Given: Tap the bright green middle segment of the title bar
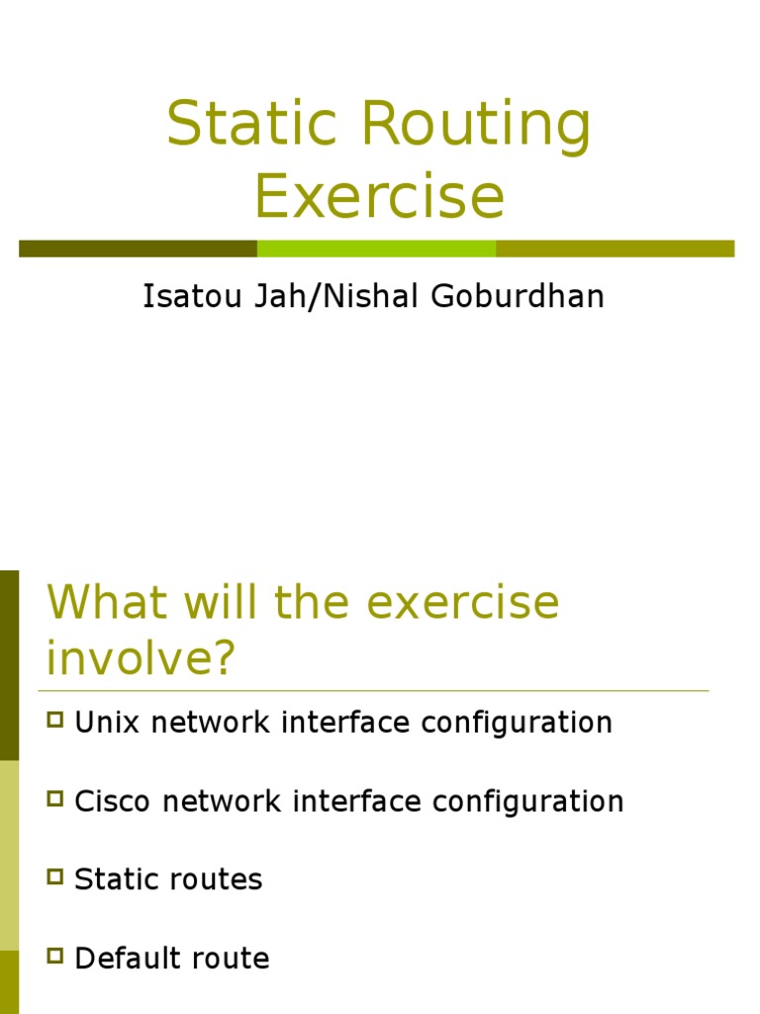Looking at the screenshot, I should pyautogui.click(x=376, y=249).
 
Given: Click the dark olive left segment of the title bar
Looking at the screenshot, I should pyautogui.click(x=138, y=249).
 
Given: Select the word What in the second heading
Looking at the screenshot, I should pyautogui.click(x=101, y=602).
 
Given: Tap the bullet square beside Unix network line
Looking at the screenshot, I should pyautogui.click(x=55, y=719).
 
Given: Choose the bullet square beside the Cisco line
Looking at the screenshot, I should pyautogui.click(x=55, y=797).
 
